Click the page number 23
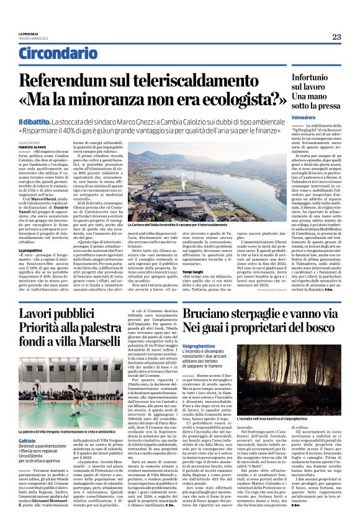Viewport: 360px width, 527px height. pos(336,37)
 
